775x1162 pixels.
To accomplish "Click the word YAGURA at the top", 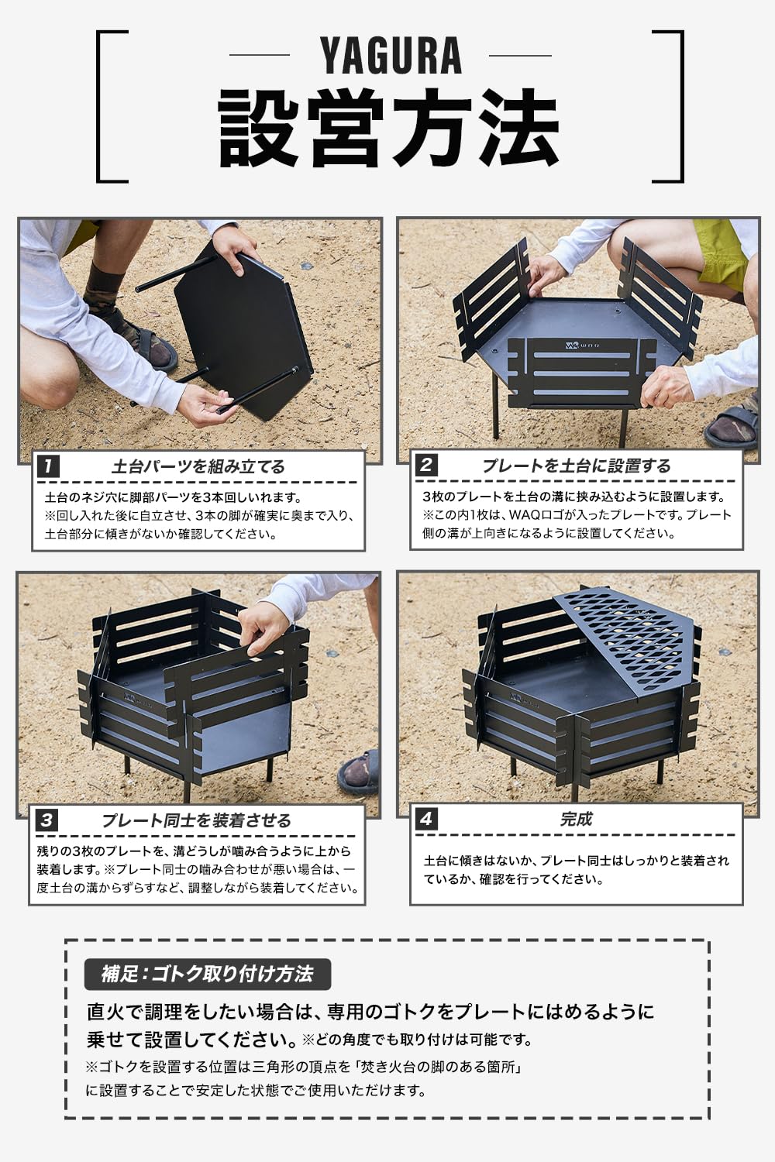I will [x=391, y=56].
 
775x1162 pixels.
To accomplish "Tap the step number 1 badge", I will [x=48, y=466].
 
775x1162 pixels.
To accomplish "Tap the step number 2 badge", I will [x=426, y=466].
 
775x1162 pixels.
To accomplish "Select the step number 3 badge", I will [x=46, y=820].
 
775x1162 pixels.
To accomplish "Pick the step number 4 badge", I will [x=426, y=819].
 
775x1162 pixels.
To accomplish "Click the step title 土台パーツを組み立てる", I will [x=198, y=466].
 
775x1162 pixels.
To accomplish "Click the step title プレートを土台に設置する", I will [x=576, y=466].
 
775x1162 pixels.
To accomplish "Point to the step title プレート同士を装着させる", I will [x=197, y=820].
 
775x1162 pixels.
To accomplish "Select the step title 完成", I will [x=576, y=819].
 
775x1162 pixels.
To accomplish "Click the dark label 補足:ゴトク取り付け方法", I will [x=207, y=974].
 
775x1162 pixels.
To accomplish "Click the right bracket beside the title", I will [x=668, y=106].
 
